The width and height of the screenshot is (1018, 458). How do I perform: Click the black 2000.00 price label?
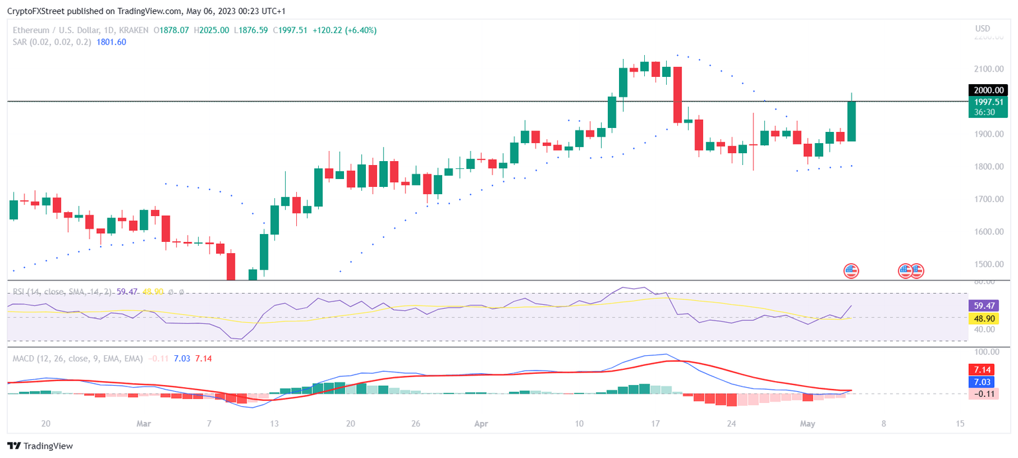click(x=987, y=91)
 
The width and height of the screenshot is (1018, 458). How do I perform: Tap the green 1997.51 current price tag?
click(x=987, y=101)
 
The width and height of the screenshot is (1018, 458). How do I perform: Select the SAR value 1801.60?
click(x=111, y=42)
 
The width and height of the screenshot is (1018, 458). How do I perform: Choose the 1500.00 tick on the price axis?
click(x=987, y=264)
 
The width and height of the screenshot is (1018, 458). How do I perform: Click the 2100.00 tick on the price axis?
click(x=987, y=69)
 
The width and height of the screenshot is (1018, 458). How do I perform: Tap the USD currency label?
click(x=983, y=29)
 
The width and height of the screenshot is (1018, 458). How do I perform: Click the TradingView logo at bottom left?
click(x=40, y=446)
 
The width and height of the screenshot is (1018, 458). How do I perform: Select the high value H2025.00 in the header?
click(x=211, y=30)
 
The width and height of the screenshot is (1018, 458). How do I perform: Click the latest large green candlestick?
click(x=851, y=121)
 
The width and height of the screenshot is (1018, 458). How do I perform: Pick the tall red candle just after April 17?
click(x=677, y=94)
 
